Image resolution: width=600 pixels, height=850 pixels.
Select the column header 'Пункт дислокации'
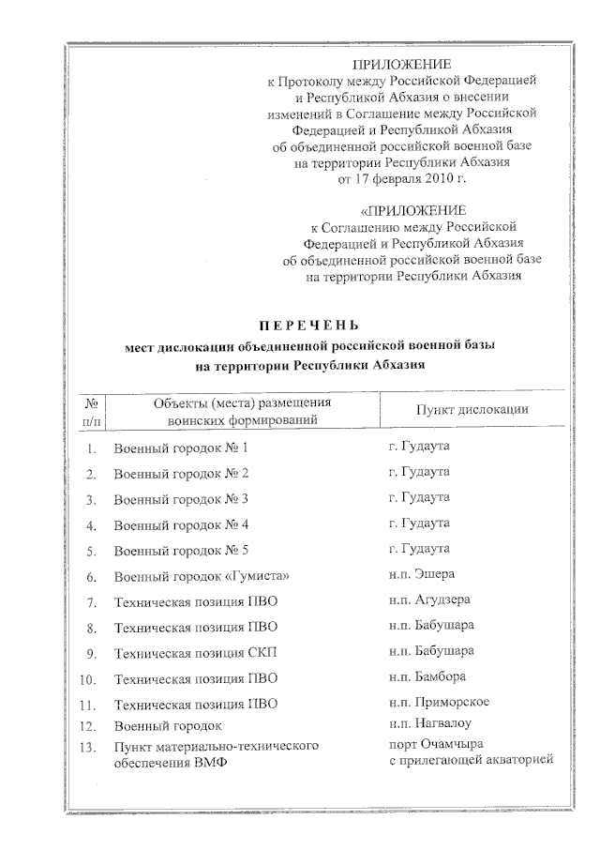click(x=472, y=409)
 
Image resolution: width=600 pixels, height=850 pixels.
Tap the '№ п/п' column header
click(x=92, y=411)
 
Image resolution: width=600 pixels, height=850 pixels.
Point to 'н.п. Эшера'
click(x=421, y=573)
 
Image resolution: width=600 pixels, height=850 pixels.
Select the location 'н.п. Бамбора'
click(x=427, y=675)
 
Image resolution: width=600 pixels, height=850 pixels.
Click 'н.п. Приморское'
click(x=438, y=701)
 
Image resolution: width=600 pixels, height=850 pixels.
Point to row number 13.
click(x=90, y=747)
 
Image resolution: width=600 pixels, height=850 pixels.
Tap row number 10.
click(x=90, y=677)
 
